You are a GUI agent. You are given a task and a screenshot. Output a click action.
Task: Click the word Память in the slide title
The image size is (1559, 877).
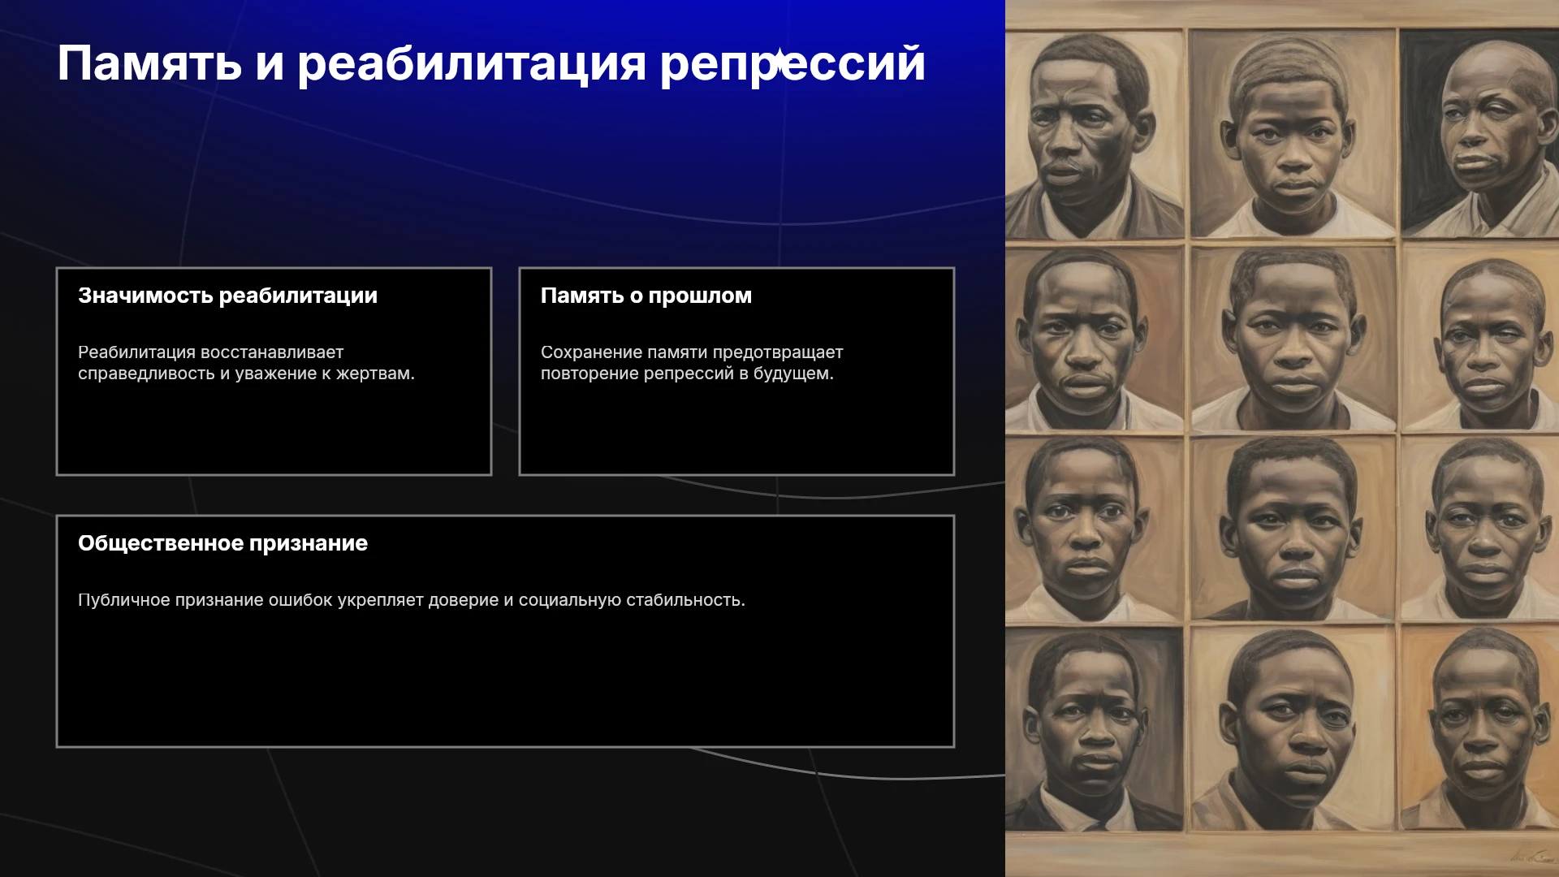coord(149,63)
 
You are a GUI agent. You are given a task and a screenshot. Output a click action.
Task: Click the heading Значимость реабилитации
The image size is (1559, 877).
coord(227,296)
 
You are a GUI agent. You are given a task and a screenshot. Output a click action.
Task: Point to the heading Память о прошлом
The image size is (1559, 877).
coord(646,296)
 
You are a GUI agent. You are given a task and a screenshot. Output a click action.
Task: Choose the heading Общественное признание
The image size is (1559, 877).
coord(222,543)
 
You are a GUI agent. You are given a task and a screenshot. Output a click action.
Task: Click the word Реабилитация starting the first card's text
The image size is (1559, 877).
coord(136,352)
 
